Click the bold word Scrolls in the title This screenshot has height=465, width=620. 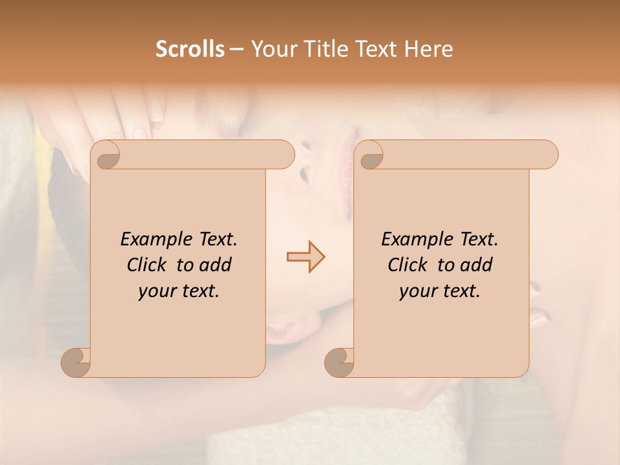(x=191, y=49)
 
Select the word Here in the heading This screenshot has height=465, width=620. (x=428, y=49)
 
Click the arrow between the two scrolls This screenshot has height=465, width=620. (x=305, y=257)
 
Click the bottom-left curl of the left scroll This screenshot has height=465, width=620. (x=76, y=363)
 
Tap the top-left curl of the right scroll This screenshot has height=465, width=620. (x=371, y=155)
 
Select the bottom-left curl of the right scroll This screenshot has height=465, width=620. (x=340, y=363)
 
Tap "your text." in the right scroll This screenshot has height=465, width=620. (x=440, y=291)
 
